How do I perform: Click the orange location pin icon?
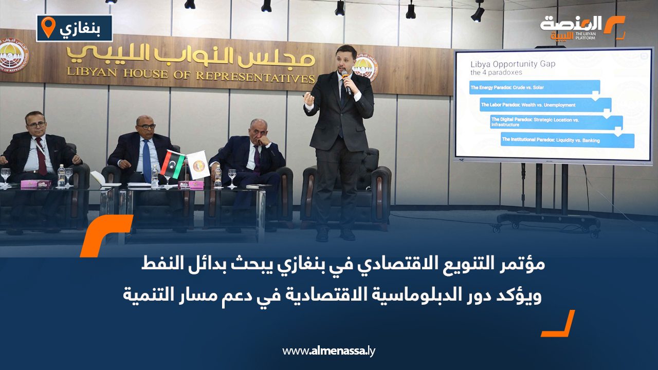click(48, 28)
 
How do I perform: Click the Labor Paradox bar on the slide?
click(545, 105)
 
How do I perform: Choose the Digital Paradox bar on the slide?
click(556, 122)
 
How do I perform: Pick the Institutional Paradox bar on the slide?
click(567, 140)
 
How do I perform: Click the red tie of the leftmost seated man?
click(41, 156)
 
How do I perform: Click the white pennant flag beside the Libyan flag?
click(198, 164)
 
